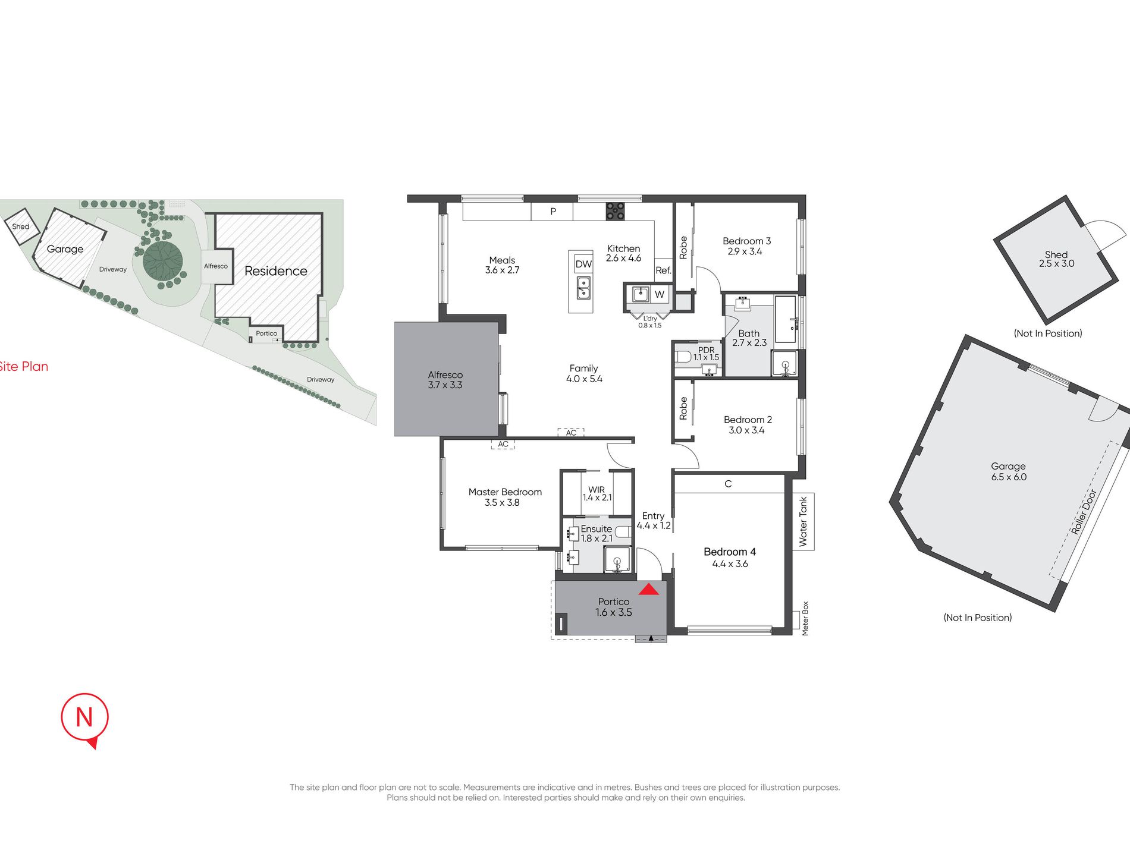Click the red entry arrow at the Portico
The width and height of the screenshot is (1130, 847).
648,589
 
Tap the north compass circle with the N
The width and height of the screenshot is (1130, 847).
84,717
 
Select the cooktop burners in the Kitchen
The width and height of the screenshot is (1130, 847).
615,211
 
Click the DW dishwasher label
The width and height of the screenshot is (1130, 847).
583,264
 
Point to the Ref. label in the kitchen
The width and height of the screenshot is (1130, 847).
663,270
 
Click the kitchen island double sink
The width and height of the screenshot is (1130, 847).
583,288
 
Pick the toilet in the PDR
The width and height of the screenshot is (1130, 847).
683,357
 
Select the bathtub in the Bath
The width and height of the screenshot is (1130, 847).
786,319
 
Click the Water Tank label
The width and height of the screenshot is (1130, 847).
803,521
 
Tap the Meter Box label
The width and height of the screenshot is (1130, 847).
805,618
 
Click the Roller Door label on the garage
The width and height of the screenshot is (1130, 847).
1083,512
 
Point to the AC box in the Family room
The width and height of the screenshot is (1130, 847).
571,433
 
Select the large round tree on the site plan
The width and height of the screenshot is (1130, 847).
163,260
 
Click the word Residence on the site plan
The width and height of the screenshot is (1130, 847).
276,271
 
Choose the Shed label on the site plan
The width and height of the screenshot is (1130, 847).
21,226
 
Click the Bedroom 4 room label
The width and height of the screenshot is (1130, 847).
730,552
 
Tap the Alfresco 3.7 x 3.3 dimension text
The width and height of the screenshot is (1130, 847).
445,385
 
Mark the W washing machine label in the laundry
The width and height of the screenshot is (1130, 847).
660,294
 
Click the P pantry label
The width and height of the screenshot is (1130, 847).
553,211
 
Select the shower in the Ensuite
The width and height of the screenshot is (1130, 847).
618,560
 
